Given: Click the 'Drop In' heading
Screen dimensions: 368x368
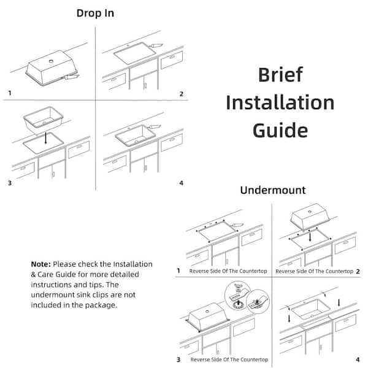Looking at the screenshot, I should tap(95, 13).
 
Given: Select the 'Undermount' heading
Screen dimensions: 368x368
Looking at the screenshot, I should tap(272, 190).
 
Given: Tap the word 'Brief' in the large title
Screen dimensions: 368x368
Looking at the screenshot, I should tap(280, 75).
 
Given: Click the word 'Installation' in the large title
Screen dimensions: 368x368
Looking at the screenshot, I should tap(280, 102).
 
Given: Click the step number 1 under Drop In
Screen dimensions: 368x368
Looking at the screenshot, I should tap(9, 93).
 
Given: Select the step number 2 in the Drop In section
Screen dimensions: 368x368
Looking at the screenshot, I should tap(181, 94).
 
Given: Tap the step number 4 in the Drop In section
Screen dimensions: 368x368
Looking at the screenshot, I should tap(181, 183).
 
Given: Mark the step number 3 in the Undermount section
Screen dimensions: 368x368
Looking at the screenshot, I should tap(178, 359).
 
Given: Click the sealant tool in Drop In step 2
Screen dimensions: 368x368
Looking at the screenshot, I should tap(157, 45).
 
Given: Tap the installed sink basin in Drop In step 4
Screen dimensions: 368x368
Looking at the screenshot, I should tap(138, 135).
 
